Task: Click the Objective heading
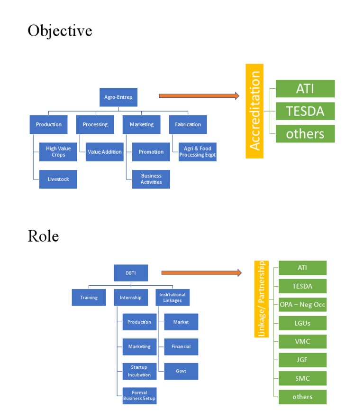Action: [x=60, y=31]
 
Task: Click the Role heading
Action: [x=43, y=236]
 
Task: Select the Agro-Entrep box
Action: [x=118, y=97]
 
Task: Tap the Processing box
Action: [x=95, y=125]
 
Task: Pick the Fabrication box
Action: [x=188, y=125]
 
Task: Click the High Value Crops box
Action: [x=58, y=152]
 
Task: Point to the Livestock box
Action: [x=58, y=179]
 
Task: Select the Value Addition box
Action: [x=104, y=152]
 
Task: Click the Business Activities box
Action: [x=151, y=179]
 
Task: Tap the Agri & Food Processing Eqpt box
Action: [x=197, y=152]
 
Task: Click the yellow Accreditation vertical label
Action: [x=255, y=111]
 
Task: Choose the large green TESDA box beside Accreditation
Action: [x=305, y=111]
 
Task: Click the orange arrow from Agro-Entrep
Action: [x=199, y=96]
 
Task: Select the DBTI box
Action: [x=131, y=273]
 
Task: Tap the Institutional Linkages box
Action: [x=173, y=298]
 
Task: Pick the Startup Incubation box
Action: [x=139, y=371]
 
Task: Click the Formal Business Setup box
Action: [x=139, y=395]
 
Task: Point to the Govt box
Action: [x=181, y=371]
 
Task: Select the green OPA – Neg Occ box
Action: [x=302, y=305]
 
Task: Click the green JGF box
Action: [x=302, y=360]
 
